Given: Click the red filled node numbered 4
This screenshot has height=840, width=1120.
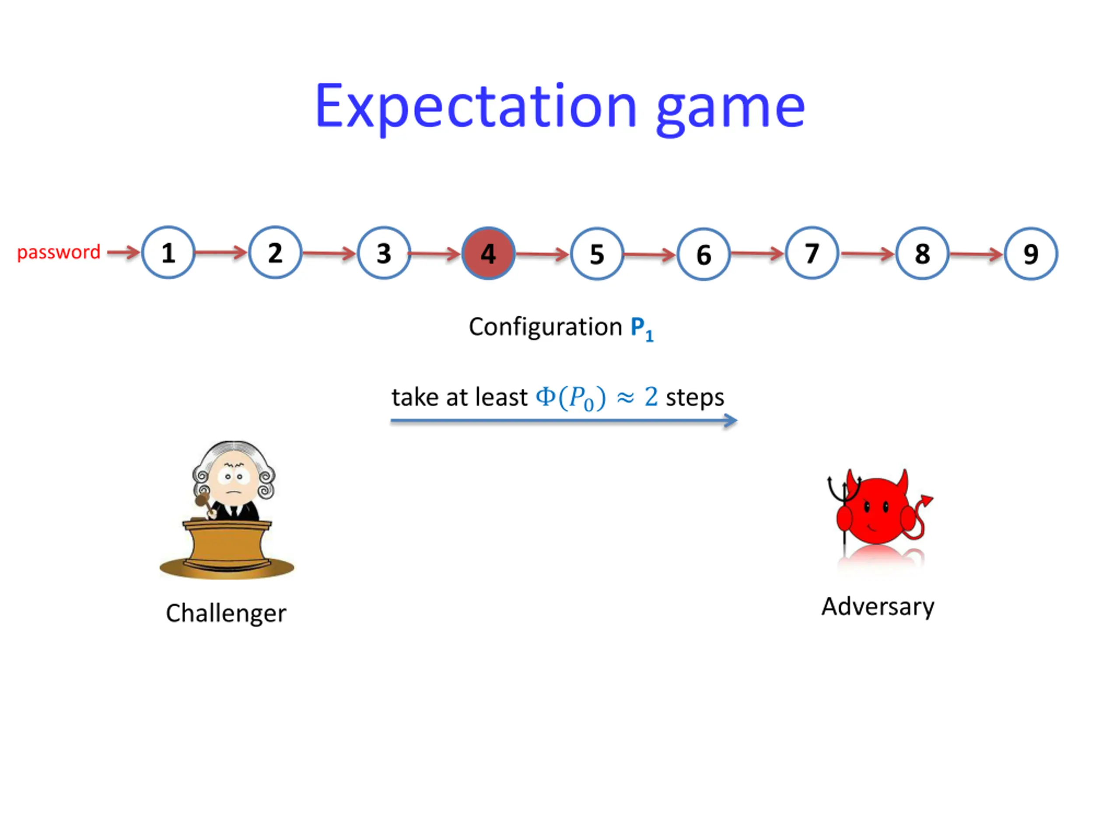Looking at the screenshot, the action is pyautogui.click(x=488, y=253).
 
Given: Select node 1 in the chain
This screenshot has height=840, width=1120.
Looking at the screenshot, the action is pyautogui.click(x=168, y=252).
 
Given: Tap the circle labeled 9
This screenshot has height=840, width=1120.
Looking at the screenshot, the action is pyautogui.click(x=1030, y=254).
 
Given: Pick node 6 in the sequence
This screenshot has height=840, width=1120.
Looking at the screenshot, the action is pyautogui.click(x=703, y=254).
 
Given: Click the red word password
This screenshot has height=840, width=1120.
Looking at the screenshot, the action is pyautogui.click(x=59, y=252).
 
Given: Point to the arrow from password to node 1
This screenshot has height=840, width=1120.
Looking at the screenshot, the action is pyautogui.click(x=123, y=252).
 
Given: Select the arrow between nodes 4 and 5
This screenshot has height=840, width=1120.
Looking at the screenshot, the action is pyautogui.click(x=542, y=254).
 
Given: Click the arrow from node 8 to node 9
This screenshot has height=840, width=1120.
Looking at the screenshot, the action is pyautogui.click(x=976, y=254).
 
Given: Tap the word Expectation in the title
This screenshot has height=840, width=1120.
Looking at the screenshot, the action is pyautogui.click(x=475, y=106).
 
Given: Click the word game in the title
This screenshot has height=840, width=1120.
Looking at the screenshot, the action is pyautogui.click(x=730, y=108).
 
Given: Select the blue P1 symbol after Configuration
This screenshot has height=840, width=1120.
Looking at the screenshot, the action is pyautogui.click(x=641, y=328).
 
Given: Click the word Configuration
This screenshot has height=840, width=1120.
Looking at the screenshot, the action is pyautogui.click(x=545, y=326).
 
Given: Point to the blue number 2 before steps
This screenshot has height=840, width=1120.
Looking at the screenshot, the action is pyautogui.click(x=651, y=396).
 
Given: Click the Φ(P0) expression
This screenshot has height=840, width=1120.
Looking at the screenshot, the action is pyautogui.click(x=570, y=398).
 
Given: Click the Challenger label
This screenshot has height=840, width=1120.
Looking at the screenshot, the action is pyautogui.click(x=226, y=613).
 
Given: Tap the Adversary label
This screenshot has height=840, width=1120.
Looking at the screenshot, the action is pyautogui.click(x=878, y=606).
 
